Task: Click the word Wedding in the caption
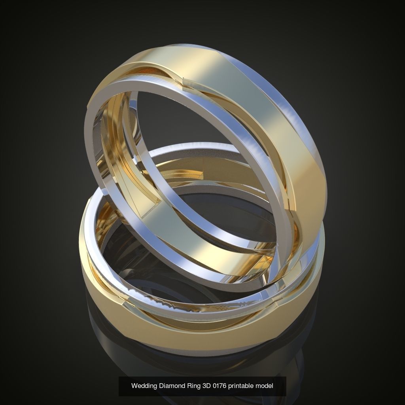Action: point(144,386)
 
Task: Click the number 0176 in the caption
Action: point(222,386)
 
